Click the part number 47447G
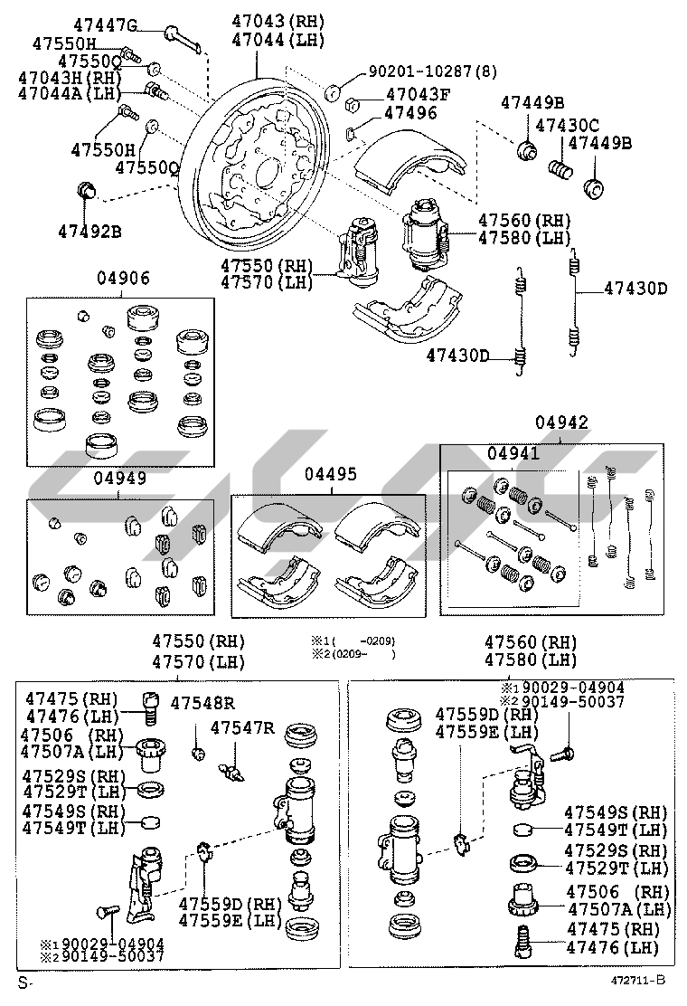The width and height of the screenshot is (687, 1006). pos(105,24)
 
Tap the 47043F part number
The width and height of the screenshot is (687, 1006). pos(418,94)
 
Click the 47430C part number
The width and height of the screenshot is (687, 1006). pos(567,125)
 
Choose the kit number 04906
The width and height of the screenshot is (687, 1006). pos(124,278)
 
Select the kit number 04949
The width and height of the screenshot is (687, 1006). pos(119,479)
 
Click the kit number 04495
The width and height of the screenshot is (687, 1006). pos(330,474)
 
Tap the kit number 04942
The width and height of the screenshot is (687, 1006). pos(560,422)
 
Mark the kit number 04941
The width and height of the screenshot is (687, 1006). pos(513,453)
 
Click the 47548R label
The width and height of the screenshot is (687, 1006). pos(202,703)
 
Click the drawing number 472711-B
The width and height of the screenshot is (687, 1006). pos(636,981)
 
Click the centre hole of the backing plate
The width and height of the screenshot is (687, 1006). pos(268,171)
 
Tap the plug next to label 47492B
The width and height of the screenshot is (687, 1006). pos(87,191)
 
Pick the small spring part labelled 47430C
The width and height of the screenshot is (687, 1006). pos(561,169)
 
